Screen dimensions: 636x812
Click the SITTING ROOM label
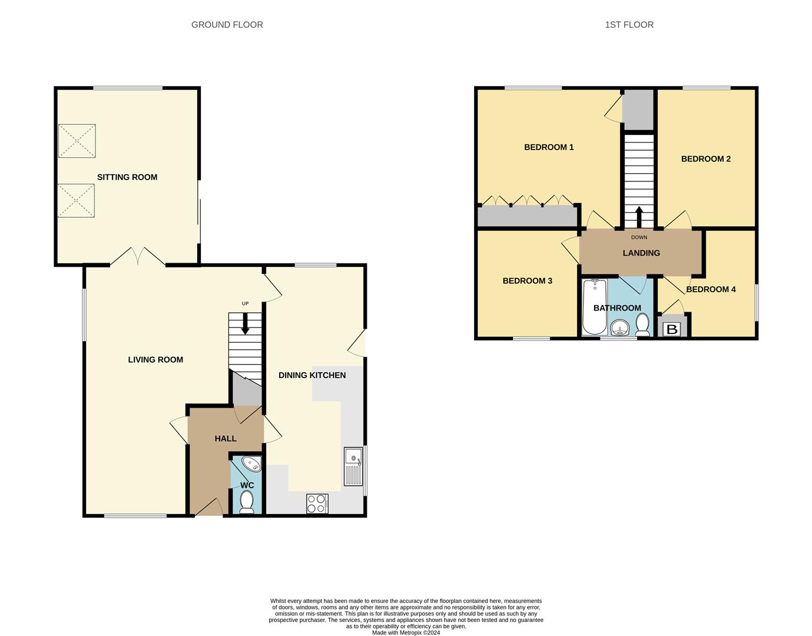coord(127,177)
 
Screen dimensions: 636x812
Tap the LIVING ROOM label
coord(155,359)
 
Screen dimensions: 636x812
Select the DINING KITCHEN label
coord(312,375)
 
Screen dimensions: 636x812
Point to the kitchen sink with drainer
coord(353,466)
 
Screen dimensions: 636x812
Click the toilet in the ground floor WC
coord(247,502)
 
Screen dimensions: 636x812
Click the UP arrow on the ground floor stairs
coord(245,324)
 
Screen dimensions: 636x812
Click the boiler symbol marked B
coord(672,329)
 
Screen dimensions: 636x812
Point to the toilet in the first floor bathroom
coord(642,324)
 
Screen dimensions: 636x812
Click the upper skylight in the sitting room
coord(77,141)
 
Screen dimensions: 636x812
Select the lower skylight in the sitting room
coord(77,200)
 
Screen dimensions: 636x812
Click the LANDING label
coord(641,253)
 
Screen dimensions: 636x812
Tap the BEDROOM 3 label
coord(527,281)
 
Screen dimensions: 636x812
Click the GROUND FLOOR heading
coord(227,25)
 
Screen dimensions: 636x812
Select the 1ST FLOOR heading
coord(629,25)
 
